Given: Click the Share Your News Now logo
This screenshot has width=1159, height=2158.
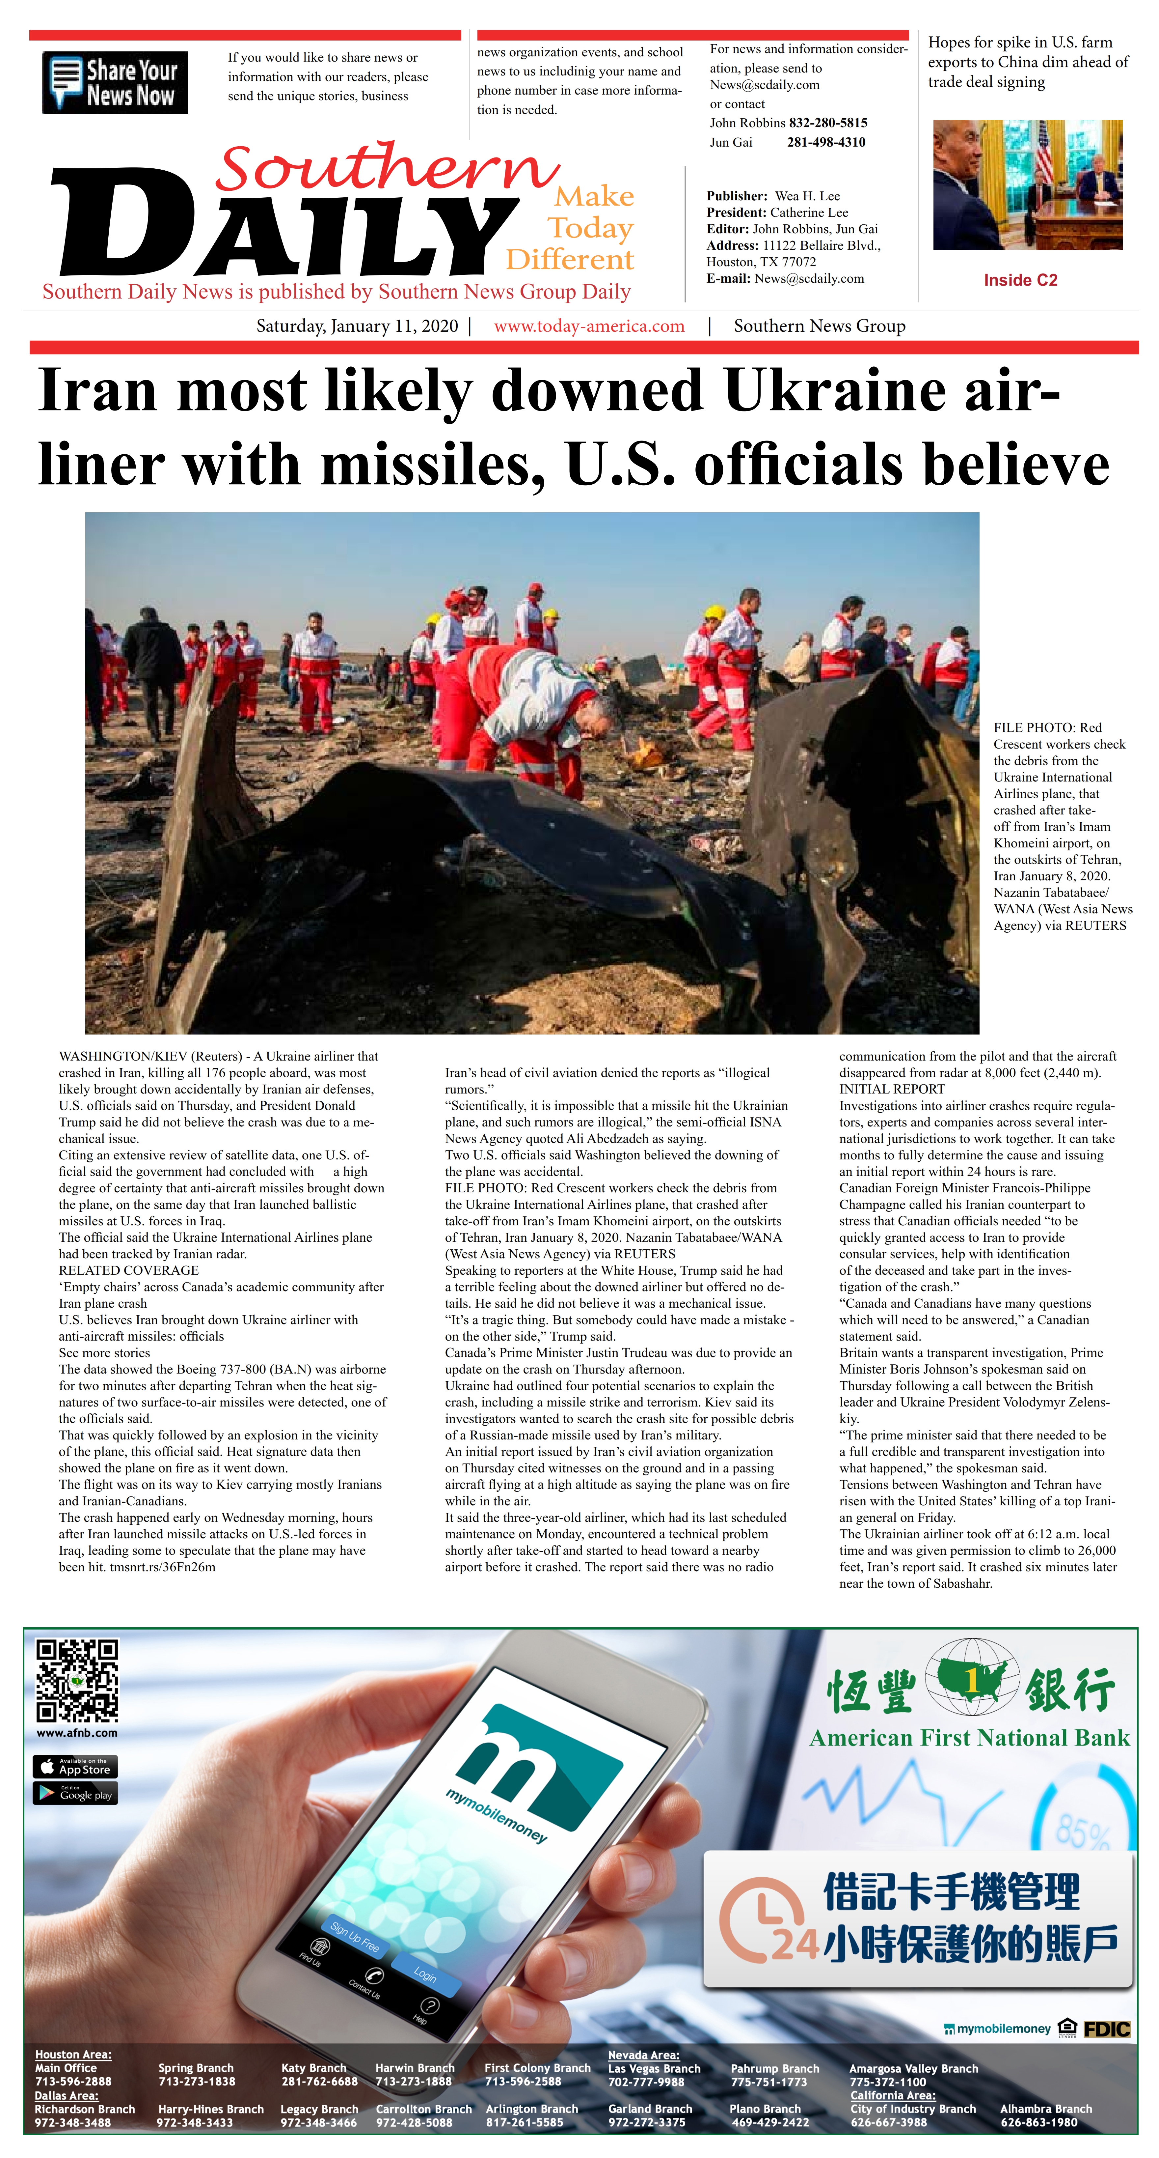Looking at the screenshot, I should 115,83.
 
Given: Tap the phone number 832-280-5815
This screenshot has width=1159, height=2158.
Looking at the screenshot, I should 827,122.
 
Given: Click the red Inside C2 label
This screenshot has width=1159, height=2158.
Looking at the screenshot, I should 1020,280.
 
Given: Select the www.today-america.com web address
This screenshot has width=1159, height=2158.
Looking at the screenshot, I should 589,326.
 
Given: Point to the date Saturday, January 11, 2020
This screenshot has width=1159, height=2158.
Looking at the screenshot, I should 357,326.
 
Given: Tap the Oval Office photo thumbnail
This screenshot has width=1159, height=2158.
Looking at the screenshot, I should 1028,185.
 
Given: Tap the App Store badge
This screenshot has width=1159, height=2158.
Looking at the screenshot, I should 74,1767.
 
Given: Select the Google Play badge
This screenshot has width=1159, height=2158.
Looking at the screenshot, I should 74,1793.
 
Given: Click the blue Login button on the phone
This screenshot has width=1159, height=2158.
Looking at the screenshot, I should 425,1974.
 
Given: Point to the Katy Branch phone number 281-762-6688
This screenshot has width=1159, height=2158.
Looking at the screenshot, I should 319,2082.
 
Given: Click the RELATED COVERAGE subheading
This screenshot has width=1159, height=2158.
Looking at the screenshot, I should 128,1270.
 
